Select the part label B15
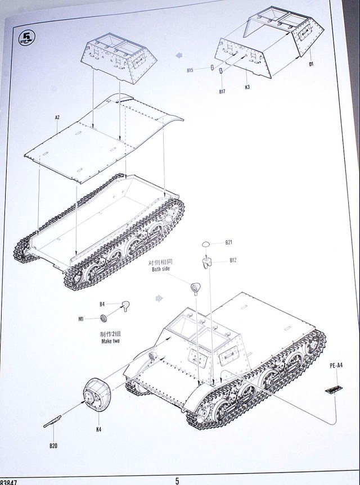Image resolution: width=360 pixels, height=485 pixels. [190, 70]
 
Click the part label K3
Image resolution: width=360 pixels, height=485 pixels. [248, 87]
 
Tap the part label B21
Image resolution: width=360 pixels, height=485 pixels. [229, 243]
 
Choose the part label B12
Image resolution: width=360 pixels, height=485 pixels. [233, 260]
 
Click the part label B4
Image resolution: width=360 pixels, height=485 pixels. [102, 305]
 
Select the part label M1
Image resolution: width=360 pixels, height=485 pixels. [81, 319]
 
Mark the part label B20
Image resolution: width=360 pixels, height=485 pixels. [53, 447]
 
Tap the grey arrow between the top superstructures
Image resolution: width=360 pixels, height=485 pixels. [179, 55]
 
